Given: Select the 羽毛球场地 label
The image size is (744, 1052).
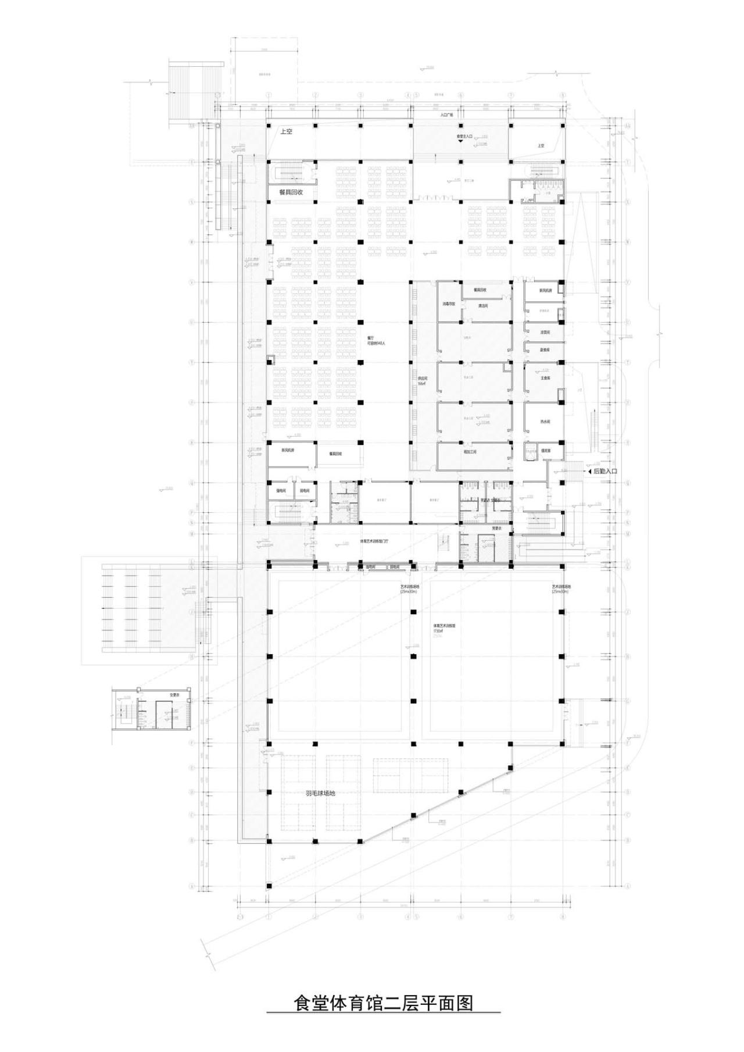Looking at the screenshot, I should (x=320, y=793).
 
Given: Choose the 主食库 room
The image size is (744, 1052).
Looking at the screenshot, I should (x=545, y=377).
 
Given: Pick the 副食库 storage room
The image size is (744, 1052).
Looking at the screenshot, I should (x=545, y=350).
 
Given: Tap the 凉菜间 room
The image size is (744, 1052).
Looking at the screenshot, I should (x=545, y=332).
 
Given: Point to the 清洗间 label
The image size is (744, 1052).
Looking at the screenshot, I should (x=482, y=305).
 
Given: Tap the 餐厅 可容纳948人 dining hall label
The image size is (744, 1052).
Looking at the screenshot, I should (x=372, y=340).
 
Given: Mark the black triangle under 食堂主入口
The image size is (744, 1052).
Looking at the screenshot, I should (x=460, y=141).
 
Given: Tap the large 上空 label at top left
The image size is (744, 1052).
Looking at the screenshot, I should (x=286, y=131).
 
